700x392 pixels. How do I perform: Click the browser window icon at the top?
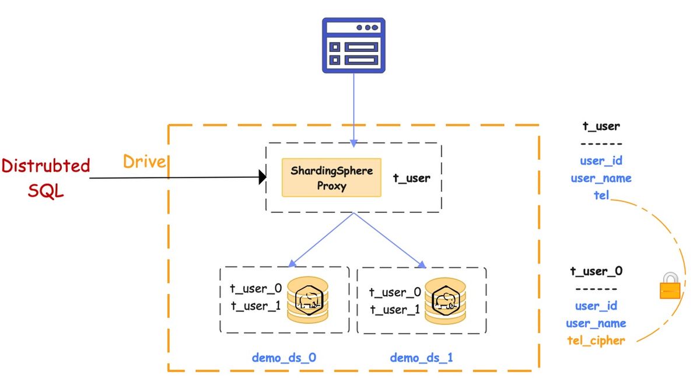coord(353,45)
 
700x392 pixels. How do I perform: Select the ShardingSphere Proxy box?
coord(331,177)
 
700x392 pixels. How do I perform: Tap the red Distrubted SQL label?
coord(45,178)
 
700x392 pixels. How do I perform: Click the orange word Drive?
coord(144,162)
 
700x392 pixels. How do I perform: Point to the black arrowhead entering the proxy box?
coord(262,177)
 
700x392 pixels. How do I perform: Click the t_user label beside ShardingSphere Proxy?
coord(412,178)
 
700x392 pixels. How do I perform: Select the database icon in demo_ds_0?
coord(308,299)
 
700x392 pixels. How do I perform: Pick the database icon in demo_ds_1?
coord(445,301)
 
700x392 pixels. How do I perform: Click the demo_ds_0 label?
coord(283,358)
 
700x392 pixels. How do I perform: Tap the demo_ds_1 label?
coord(421,358)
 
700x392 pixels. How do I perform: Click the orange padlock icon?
coord(670,285)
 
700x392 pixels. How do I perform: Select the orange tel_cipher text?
coord(596,341)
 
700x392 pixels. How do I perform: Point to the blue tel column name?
coord(601,195)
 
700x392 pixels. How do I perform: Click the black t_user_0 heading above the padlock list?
coord(596,271)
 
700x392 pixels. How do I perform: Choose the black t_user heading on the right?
coord(601,126)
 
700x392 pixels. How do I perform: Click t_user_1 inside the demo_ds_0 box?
coord(256,306)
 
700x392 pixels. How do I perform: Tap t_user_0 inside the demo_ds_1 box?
coord(395,292)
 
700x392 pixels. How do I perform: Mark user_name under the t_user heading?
coord(601,178)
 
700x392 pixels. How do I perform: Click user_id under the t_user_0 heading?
coord(596,306)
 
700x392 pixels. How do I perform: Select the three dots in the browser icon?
coord(367,27)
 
